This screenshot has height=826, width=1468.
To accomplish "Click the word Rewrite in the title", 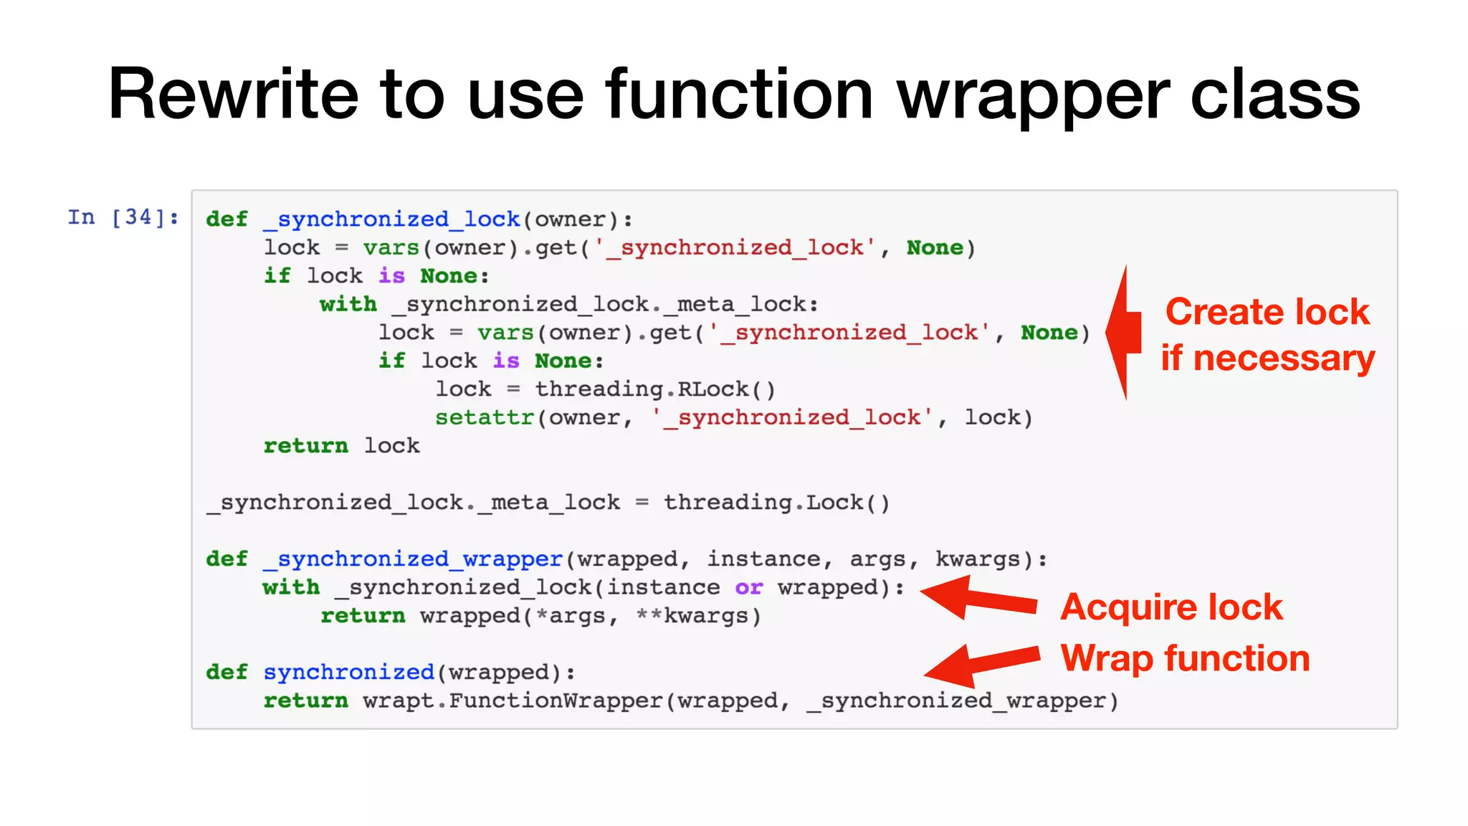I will pyautogui.click(x=233, y=95).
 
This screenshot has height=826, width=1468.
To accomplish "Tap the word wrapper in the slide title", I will pyautogui.click(x=1033, y=95).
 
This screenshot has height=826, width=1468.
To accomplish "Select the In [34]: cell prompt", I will pyautogui.click(x=123, y=217).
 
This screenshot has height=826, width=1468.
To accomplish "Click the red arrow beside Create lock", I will pyautogui.click(x=1123, y=332).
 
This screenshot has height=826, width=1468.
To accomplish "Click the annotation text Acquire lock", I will pyautogui.click(x=1171, y=607).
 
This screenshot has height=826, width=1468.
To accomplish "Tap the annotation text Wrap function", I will pyautogui.click(x=1185, y=658).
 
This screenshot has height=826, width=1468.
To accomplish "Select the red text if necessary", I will pyautogui.click(x=1267, y=358).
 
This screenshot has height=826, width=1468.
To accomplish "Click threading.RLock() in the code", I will pyautogui.click(x=655, y=389).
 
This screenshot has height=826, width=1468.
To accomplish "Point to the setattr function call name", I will pyautogui.click(x=485, y=417).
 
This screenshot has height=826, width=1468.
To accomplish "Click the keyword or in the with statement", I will pyautogui.click(x=748, y=587).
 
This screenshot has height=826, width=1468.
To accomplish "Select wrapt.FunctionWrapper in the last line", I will pyautogui.click(x=513, y=701).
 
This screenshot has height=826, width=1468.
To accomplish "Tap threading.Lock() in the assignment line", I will pyautogui.click(x=776, y=503).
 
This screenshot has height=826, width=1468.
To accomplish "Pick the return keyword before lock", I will pyautogui.click(x=305, y=446).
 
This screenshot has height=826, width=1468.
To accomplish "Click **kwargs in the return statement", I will pyautogui.click(x=698, y=616).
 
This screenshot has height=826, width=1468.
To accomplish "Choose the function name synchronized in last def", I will pyautogui.click(x=348, y=673).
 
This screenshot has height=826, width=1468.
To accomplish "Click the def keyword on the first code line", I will pyautogui.click(x=227, y=219).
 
